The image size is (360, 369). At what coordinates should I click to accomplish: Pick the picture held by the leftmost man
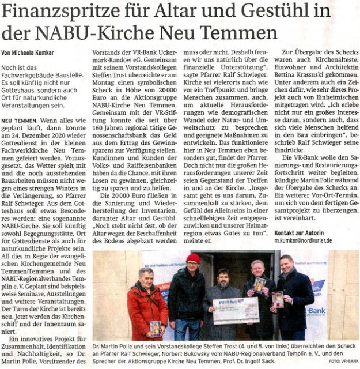155,327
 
